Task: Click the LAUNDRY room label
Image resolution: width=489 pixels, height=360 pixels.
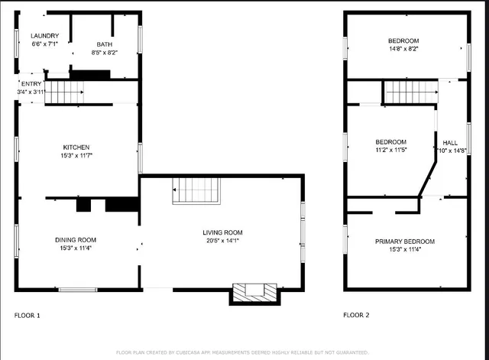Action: (44, 36)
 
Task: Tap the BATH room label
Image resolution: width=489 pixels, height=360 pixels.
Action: (104, 44)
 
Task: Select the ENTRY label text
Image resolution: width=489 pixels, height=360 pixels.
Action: (32, 83)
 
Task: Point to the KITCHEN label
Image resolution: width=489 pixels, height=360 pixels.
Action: (76, 147)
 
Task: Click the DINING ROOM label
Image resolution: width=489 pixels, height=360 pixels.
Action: (76, 239)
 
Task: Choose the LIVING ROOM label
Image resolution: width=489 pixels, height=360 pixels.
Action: (222, 232)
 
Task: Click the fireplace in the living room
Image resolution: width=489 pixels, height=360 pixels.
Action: (255, 292)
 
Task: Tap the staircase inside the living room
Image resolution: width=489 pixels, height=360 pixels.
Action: (196, 190)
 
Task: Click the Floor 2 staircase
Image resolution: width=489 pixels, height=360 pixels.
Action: (410, 92)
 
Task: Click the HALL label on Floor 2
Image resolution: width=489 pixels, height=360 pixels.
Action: (451, 142)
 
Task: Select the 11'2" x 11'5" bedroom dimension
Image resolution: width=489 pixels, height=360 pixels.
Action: (390, 150)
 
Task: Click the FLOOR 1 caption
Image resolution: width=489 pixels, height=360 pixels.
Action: (28, 315)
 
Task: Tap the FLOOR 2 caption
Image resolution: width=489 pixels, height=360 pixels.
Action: (356, 315)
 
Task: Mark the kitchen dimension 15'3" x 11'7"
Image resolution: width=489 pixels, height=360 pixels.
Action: (76, 155)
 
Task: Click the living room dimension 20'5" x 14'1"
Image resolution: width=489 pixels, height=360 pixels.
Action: (222, 241)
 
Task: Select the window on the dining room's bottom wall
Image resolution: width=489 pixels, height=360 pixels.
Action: (78, 289)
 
